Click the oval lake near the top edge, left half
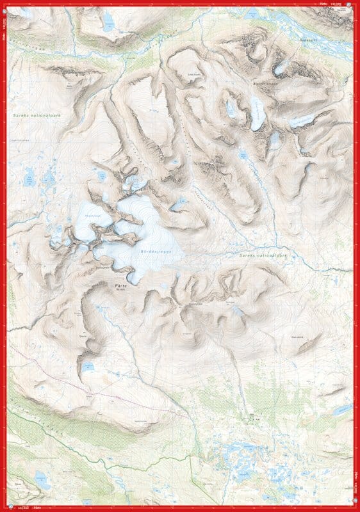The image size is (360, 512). (108, 24)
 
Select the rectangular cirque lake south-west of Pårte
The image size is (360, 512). (88, 366)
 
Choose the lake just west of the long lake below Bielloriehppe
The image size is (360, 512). (231, 109)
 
